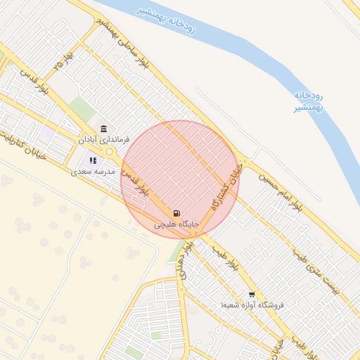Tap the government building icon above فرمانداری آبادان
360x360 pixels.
[104, 129]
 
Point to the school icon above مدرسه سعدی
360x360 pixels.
[93, 160]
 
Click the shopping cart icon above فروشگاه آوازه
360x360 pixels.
[252, 295]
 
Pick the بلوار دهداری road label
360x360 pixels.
[184, 259]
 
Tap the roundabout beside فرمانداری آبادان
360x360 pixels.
[110, 150]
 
